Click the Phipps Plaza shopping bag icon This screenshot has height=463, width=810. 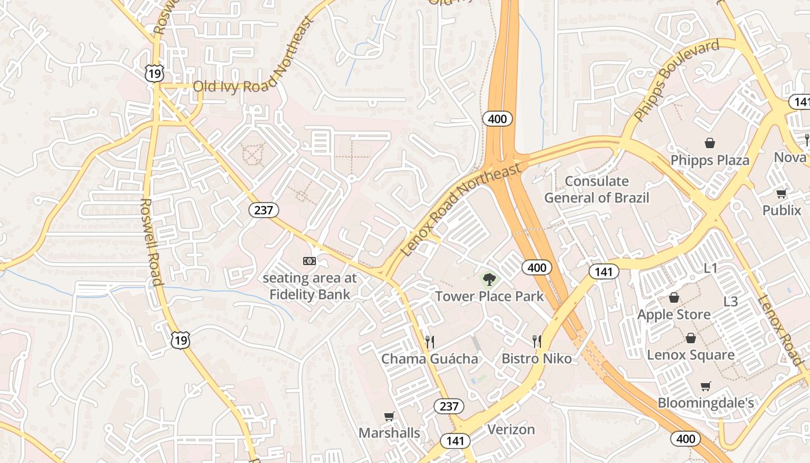click(709, 143)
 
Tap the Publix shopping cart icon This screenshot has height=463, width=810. click(781, 194)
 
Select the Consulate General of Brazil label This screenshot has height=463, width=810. click(597, 189)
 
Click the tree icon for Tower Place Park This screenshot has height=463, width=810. click(489, 280)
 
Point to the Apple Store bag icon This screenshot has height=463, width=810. click(673, 297)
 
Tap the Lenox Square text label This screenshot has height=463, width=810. click(690, 355)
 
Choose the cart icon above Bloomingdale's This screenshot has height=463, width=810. click(705, 386)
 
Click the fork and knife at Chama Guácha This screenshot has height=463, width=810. click(429, 341)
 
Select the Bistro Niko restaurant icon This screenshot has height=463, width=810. click(537, 341)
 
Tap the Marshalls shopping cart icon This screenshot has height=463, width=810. click(389, 416)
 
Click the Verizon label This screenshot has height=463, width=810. click(511, 429)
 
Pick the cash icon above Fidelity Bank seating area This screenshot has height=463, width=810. click(310, 261)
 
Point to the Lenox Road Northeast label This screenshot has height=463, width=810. click(461, 210)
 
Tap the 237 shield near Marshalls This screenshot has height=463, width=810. click(449, 406)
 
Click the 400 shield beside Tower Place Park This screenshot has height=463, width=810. click(536, 267)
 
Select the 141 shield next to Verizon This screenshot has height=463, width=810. click(455, 441)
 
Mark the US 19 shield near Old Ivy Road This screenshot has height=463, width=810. click(154, 74)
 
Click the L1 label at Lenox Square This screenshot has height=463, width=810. click(710, 268)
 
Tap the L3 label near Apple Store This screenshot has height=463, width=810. click(731, 302)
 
